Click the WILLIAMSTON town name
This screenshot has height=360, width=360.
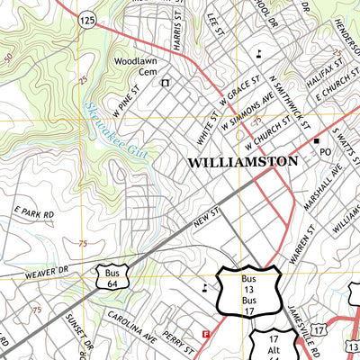click(x=243, y=162)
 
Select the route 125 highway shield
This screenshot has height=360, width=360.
click(x=87, y=19)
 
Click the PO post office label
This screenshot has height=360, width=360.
click(x=328, y=154)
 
